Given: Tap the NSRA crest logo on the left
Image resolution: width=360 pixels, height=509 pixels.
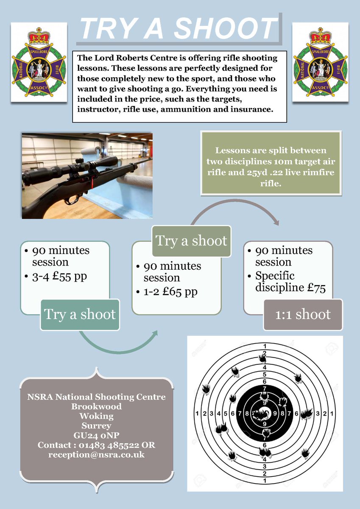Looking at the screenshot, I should click(x=39, y=62).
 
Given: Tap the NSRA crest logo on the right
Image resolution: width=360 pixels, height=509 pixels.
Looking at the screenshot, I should click(x=321, y=62).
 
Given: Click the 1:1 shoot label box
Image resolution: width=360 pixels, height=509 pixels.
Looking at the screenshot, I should click(x=303, y=314).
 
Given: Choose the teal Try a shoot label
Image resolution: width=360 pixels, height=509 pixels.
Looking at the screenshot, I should click(x=80, y=314).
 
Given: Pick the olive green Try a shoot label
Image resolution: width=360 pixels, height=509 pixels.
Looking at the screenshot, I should click(x=191, y=241).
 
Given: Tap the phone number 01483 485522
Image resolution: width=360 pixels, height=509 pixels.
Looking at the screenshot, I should click(x=99, y=445).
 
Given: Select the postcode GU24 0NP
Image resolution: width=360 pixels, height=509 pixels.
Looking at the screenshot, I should click(x=97, y=435).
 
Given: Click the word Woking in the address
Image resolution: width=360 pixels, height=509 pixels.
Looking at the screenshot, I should click(x=97, y=416).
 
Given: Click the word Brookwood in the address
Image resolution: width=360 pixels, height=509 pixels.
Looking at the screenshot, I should click(x=97, y=406).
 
